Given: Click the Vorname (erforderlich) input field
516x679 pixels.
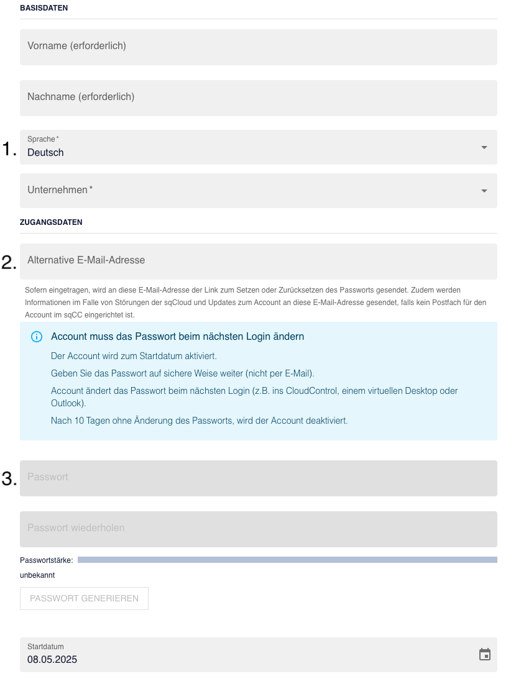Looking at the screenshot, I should click(258, 47).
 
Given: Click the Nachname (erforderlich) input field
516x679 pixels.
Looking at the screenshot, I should click(258, 98).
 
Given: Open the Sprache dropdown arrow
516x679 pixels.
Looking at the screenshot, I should click(484, 148).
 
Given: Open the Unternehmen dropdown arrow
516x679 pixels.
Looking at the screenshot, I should click(484, 191).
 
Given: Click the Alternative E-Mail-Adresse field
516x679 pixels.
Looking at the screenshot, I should click(258, 261).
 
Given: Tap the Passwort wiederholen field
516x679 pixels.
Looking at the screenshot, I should click(258, 529).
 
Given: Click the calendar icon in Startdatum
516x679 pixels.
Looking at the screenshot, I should click(485, 654).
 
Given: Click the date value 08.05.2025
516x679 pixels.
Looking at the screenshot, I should click(52, 660).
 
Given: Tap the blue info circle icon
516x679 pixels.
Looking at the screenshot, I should click(37, 337).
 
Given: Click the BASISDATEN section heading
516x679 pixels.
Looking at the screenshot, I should click(44, 8).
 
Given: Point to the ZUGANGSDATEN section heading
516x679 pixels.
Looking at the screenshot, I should click(51, 222).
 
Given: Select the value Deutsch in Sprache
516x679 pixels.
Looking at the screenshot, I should click(45, 153).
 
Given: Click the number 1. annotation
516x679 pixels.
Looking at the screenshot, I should click(9, 149).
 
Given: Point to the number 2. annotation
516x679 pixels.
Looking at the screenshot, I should click(9, 263).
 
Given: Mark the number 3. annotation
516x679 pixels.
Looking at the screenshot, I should click(9, 479).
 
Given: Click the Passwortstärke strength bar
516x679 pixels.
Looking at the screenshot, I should click(287, 560).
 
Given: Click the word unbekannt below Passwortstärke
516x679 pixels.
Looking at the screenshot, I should click(37, 575).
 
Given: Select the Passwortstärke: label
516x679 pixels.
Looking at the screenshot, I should click(47, 560).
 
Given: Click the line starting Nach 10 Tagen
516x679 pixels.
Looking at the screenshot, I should click(199, 421).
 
